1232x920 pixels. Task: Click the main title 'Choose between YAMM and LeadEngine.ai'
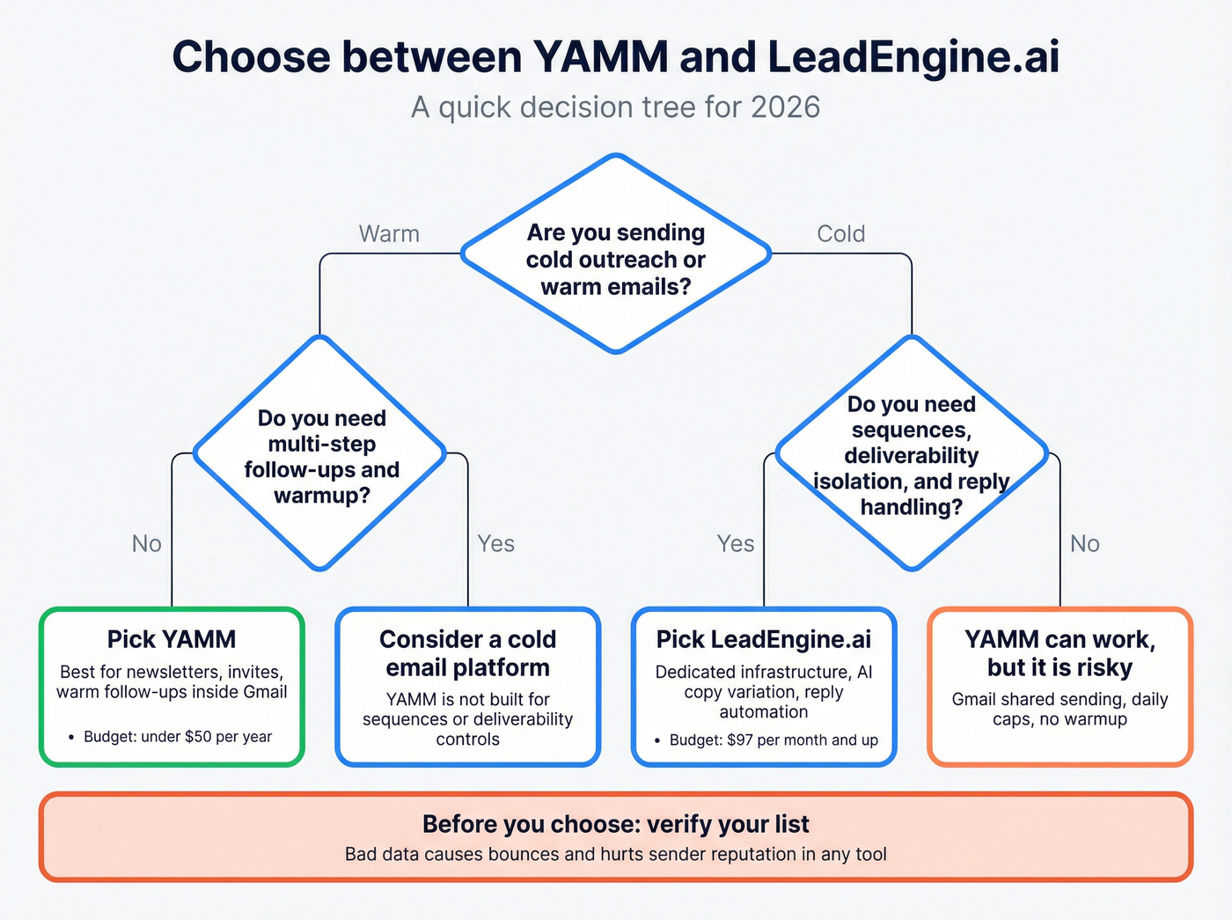tap(615, 57)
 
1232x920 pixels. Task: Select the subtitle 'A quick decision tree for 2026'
tap(615, 107)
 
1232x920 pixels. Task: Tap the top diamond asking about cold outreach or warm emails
tap(616, 259)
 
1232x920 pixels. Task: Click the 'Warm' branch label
tap(389, 234)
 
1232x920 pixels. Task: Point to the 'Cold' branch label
tap(840, 234)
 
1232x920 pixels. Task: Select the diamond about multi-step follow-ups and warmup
tap(321, 456)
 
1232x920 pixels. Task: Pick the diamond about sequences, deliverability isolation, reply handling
tap(911, 455)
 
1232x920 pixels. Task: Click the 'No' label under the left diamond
tap(147, 544)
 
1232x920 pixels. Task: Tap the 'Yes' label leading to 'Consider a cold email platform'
tap(495, 544)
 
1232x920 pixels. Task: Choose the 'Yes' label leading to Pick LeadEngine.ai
tap(736, 544)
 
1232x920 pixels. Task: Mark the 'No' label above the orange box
tap(1084, 544)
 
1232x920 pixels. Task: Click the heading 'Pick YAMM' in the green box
tap(172, 639)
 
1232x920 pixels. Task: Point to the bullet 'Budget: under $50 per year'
tap(177, 737)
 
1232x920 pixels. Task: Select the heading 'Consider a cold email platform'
tap(467, 653)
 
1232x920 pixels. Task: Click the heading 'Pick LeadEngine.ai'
tap(764, 639)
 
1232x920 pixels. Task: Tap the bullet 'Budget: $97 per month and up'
tap(773, 740)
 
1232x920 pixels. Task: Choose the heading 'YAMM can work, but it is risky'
tap(1060, 653)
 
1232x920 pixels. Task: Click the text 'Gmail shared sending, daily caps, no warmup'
tap(1060, 710)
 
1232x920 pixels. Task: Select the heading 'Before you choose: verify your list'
tap(615, 824)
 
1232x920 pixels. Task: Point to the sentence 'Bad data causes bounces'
tap(615, 854)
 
